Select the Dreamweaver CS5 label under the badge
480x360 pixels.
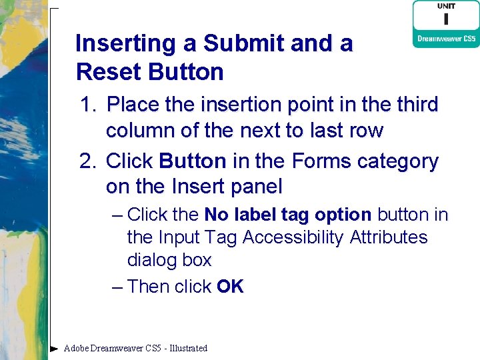pyautogui.click(x=445, y=39)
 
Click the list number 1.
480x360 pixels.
pyautogui.click(x=87, y=105)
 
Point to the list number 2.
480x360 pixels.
pyautogui.click(x=87, y=161)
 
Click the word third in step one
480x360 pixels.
pyautogui.click(x=413, y=105)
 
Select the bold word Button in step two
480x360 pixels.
pyautogui.click(x=193, y=161)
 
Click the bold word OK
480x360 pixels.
pyautogui.click(x=230, y=287)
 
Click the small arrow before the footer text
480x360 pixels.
pyautogui.click(x=55, y=348)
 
